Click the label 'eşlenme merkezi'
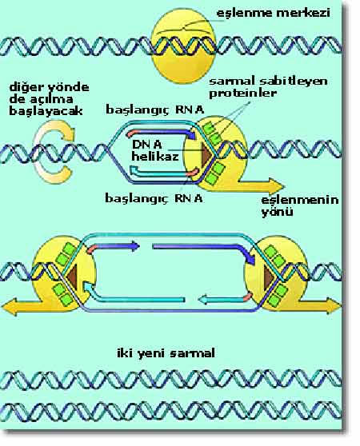pos(274,14)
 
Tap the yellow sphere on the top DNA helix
pos(183,46)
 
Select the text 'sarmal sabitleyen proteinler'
pos(268,87)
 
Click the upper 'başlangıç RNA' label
pos(155,110)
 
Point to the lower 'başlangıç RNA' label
pos(154,198)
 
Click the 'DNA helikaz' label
pos(155,150)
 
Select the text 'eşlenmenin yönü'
pos(300,205)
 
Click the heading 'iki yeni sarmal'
pos(166,353)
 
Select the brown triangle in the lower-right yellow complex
pos(270,278)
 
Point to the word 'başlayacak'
pos(46,111)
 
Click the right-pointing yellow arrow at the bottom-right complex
pos(318,305)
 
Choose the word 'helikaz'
pos(155,156)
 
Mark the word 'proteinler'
pos(242,94)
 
